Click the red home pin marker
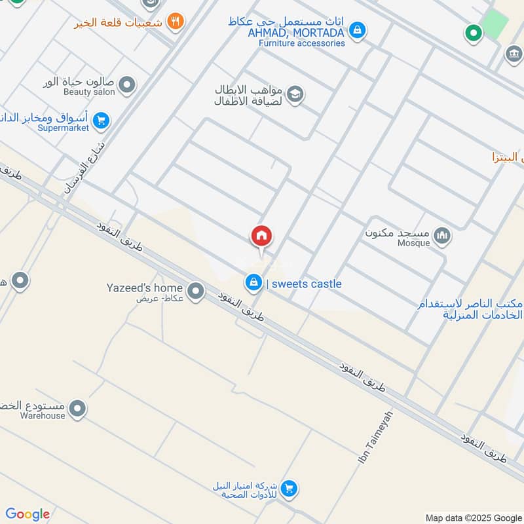point(261,236)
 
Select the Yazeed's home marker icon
point(195,290)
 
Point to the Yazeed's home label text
point(145,288)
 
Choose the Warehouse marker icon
point(78,409)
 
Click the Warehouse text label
point(43,416)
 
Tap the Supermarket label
point(63,128)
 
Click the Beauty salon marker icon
point(127,84)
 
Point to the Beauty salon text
point(89,92)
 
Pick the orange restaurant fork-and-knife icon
point(175,21)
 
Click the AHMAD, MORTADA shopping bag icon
point(357,29)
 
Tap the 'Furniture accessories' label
point(301,43)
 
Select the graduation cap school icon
point(295,95)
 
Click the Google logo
point(28,514)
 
